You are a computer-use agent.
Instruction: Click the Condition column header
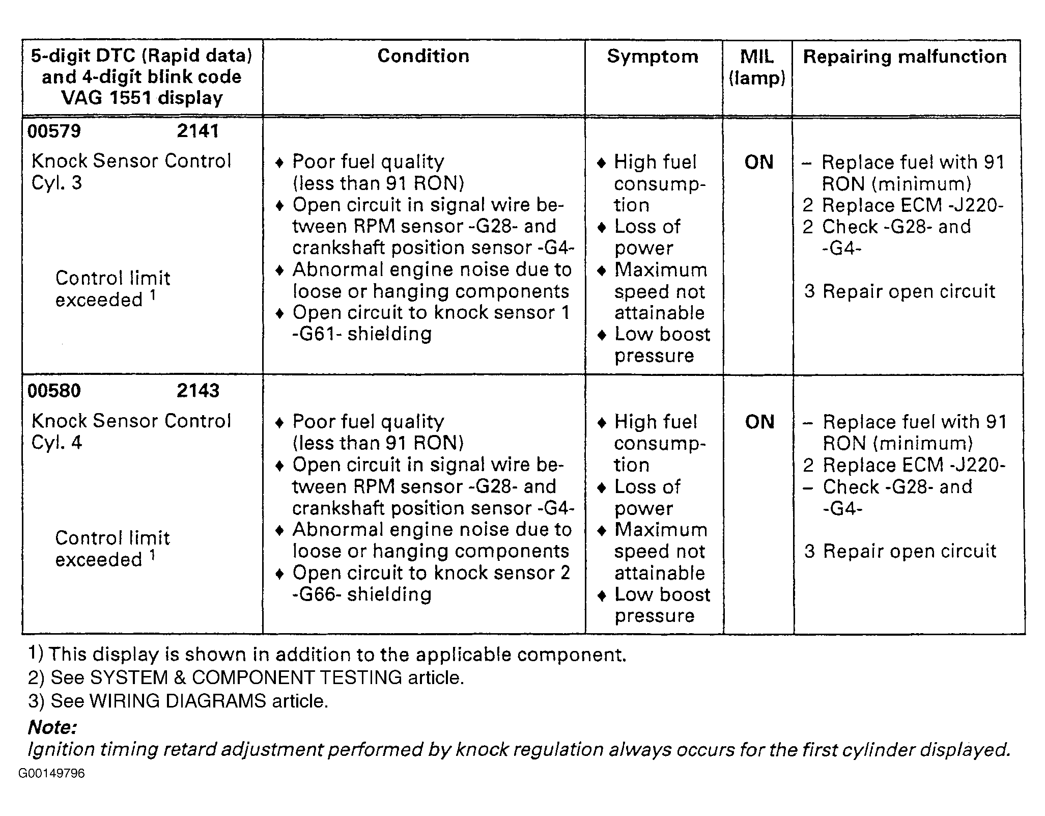(423, 56)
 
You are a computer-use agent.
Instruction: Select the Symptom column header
(653, 57)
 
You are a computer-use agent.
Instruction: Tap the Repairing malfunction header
(905, 57)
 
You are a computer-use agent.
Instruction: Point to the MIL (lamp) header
(757, 67)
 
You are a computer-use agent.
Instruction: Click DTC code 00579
(54, 131)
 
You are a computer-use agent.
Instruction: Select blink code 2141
(198, 131)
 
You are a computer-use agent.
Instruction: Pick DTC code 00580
(54, 391)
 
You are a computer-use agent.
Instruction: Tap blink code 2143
(198, 391)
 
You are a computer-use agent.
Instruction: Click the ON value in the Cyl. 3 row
(759, 162)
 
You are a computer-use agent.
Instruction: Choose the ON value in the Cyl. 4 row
(759, 422)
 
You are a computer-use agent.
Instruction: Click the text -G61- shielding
(362, 334)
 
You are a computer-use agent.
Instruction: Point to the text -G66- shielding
(362, 594)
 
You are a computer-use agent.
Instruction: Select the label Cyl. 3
(57, 183)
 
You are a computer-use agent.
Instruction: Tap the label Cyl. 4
(57, 443)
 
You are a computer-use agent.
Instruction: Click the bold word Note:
(52, 727)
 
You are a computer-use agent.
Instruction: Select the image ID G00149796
(51, 774)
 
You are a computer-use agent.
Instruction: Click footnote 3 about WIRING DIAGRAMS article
(178, 701)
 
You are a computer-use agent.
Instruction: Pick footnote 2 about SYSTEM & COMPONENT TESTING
(246, 678)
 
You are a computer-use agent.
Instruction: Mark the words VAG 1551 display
(142, 98)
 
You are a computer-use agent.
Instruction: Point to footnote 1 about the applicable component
(327, 655)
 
